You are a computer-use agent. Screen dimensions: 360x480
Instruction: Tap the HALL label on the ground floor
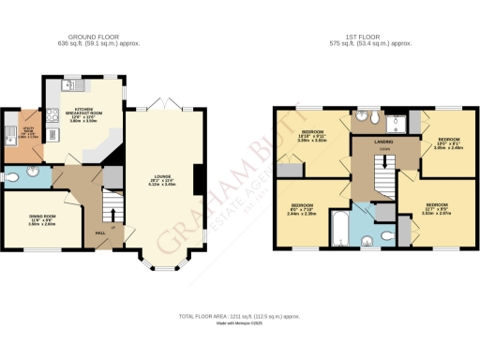(99, 232)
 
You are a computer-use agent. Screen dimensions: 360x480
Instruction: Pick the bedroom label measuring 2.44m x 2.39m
(301, 209)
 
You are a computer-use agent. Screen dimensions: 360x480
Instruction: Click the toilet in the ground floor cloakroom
(32, 173)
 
